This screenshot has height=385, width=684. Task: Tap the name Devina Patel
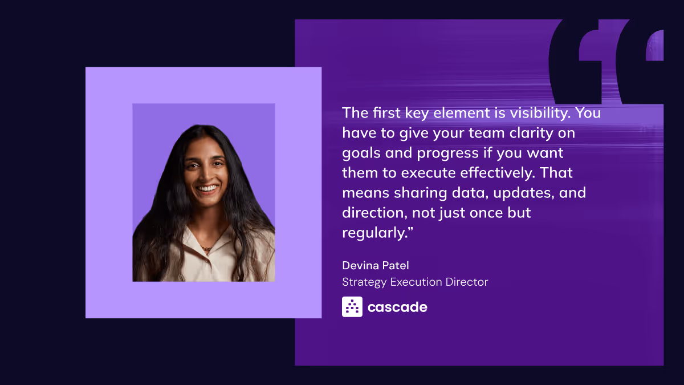(376, 265)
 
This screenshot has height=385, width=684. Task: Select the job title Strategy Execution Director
(415, 282)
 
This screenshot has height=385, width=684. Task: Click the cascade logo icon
(352, 307)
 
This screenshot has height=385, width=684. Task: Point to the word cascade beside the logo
(397, 307)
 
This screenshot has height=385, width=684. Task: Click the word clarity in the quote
(526, 133)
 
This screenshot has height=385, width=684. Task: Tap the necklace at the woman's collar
(206, 249)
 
